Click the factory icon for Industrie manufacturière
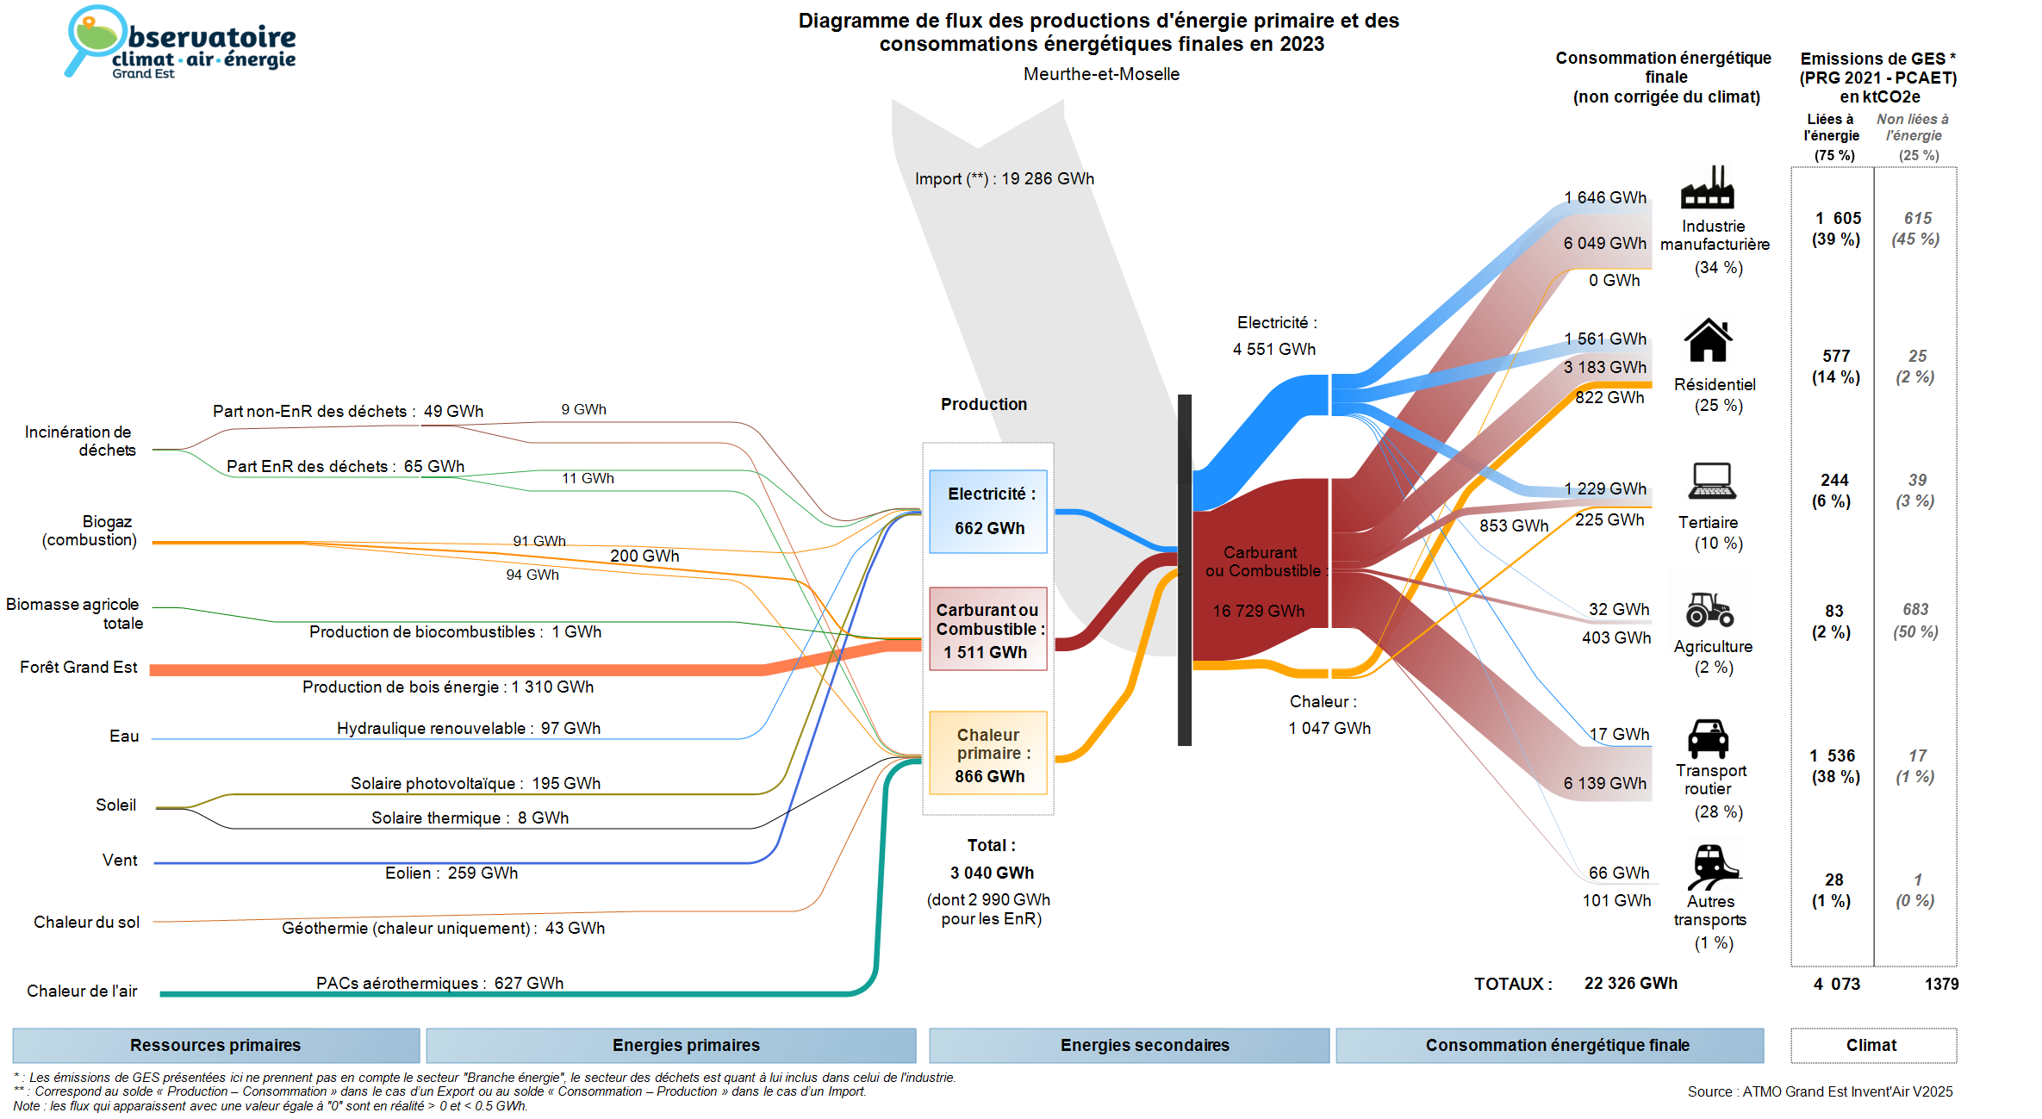[x=1707, y=187]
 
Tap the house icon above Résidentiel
[x=1708, y=340]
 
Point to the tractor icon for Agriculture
[x=1709, y=609]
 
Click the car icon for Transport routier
[x=1708, y=738]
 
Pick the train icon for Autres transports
[x=1712, y=866]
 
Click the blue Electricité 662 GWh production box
[x=988, y=512]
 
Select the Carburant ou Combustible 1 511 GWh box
[x=988, y=630]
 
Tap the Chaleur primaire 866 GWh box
[x=988, y=754]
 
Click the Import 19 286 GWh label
[x=1004, y=179]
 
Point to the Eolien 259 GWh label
[x=451, y=873]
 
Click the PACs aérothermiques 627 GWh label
[x=439, y=983]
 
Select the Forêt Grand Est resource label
[x=78, y=668]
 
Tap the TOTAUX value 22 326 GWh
[x=1630, y=984]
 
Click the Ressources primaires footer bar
[x=215, y=1045]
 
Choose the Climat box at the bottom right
[x=1872, y=1045]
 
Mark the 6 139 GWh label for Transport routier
[x=1604, y=783]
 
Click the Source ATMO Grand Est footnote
[x=1820, y=1091]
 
